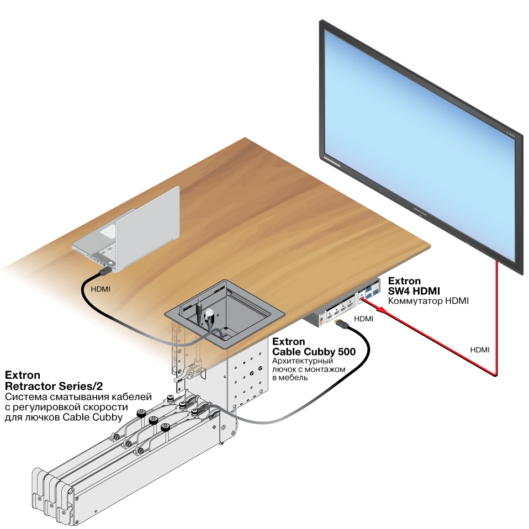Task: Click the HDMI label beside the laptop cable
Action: click(100, 289)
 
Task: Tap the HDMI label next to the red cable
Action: click(480, 350)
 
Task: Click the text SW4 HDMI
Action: click(414, 291)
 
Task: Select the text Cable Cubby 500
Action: click(314, 352)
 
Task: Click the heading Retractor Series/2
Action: click(54, 385)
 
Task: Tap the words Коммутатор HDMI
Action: click(428, 300)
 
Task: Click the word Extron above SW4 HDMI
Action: click(404, 281)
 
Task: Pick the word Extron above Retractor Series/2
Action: click(22, 375)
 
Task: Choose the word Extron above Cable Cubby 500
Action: click(288, 341)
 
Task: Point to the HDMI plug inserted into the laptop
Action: click(105, 271)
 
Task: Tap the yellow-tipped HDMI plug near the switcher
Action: click(341, 324)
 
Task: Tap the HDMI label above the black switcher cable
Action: click(364, 319)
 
